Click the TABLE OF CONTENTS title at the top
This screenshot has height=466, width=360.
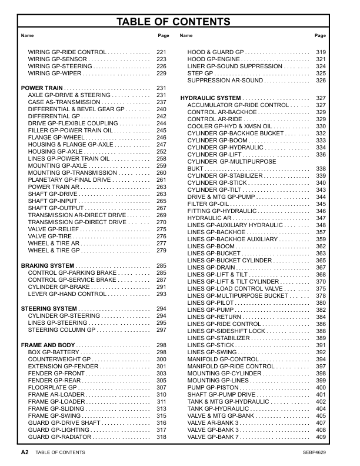click(x=174, y=22)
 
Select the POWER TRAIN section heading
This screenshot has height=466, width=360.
click(x=42, y=88)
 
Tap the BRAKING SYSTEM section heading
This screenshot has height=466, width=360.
click(x=48, y=266)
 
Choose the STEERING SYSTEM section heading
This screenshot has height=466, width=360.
click(x=49, y=308)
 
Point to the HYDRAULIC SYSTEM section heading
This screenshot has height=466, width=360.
click(x=211, y=98)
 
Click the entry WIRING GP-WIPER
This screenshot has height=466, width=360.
click(x=55, y=74)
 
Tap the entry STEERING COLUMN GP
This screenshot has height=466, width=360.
click(x=62, y=330)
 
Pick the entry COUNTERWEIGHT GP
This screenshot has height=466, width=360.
click(x=59, y=359)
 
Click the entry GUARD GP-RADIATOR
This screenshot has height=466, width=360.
click(x=60, y=437)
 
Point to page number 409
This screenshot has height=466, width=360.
click(x=321, y=437)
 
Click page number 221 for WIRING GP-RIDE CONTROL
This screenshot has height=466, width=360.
click(x=162, y=52)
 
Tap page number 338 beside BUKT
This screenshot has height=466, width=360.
click(x=321, y=169)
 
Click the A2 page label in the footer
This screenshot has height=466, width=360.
click(x=24, y=452)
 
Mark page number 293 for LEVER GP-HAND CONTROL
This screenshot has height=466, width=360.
click(x=162, y=294)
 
